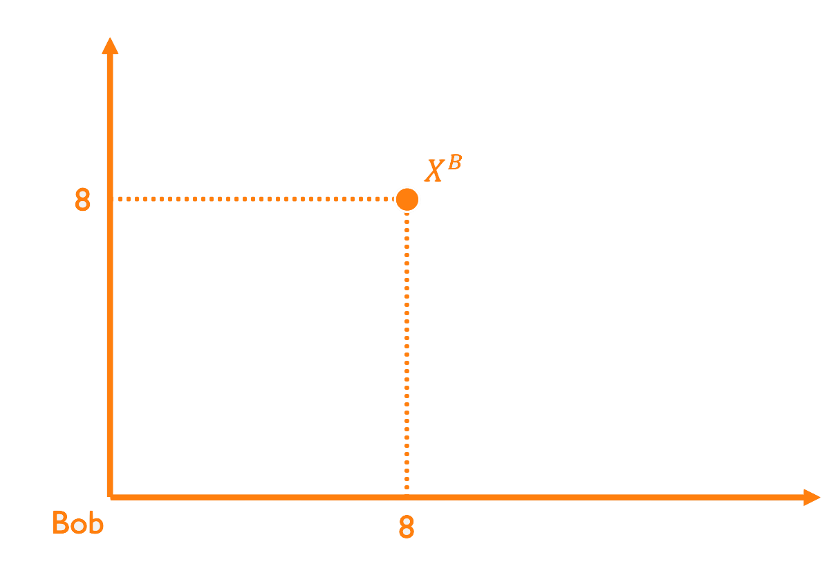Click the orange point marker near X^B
[x=407, y=199]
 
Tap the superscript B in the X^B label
[x=454, y=163]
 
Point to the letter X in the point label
[x=434, y=171]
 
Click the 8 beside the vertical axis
[x=82, y=200]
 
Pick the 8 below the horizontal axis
[x=407, y=527]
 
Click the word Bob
[x=77, y=523]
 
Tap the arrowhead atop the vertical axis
[x=109, y=46]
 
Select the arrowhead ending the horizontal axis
[x=812, y=497]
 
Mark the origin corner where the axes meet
[x=110, y=496]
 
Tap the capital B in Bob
[x=61, y=523]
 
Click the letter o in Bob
[x=78, y=525]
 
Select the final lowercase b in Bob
[x=95, y=523]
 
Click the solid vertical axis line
[x=110, y=311]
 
